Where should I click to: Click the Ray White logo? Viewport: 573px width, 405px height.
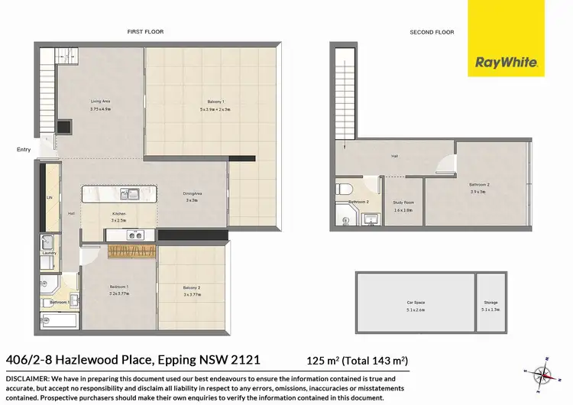(x=506, y=38)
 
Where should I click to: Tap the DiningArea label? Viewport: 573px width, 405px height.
(x=192, y=194)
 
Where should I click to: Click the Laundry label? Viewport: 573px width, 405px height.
(x=50, y=253)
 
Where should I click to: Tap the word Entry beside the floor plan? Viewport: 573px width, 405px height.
(x=24, y=150)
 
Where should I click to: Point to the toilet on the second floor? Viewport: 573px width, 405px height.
(x=345, y=189)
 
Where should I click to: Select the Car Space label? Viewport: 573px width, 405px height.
(x=416, y=303)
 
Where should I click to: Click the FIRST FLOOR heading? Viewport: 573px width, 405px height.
(x=145, y=32)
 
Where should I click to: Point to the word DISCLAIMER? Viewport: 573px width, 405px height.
(x=27, y=378)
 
